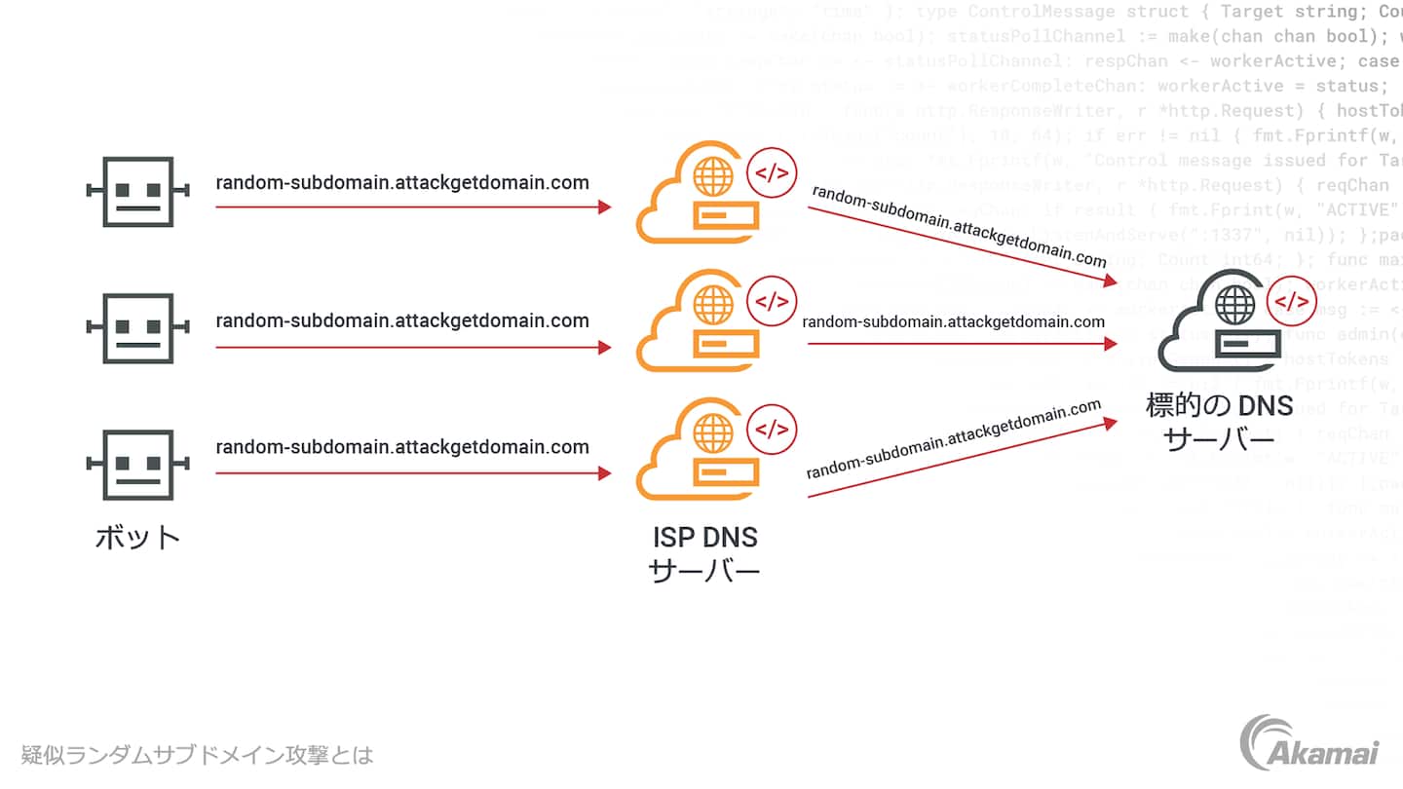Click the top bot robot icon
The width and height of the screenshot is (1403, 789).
(x=137, y=192)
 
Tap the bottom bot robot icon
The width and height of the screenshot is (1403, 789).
(x=137, y=466)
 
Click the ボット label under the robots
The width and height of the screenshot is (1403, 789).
(x=137, y=537)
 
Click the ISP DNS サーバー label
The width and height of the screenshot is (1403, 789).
(x=703, y=553)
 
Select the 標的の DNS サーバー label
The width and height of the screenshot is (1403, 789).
(x=1220, y=422)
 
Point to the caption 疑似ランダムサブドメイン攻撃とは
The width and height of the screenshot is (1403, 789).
(x=198, y=755)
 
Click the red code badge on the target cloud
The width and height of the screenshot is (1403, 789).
(x=1292, y=301)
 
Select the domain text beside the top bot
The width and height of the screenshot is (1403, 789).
(x=402, y=182)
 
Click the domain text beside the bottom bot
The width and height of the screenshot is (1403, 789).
(x=402, y=447)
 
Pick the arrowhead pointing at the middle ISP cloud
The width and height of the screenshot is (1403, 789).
(x=605, y=347)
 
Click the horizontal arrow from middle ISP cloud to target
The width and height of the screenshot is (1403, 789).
(x=960, y=344)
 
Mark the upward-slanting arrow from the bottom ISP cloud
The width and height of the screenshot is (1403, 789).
(x=960, y=459)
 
